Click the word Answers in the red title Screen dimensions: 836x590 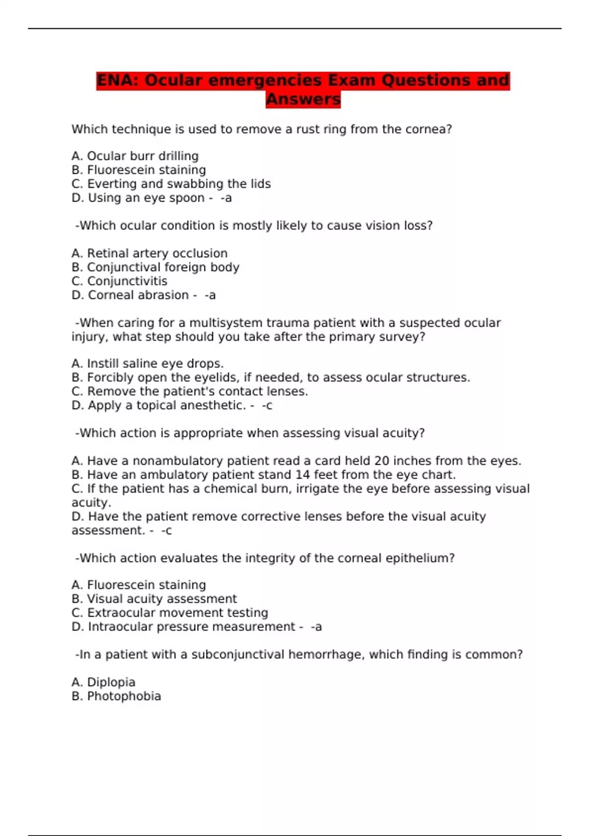click(303, 99)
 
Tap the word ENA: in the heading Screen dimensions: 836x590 click(118, 80)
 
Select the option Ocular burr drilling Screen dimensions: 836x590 click(142, 156)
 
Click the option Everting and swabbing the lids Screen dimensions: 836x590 click(178, 184)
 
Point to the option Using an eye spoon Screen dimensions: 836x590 click(146, 198)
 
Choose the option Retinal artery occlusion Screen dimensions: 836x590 click(157, 253)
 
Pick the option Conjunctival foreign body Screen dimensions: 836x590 click(163, 267)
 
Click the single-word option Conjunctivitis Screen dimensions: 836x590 click(127, 281)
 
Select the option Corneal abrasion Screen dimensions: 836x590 click(138, 295)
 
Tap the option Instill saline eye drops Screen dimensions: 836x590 click(155, 363)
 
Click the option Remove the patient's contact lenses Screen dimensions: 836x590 click(197, 391)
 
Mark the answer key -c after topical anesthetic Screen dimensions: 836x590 click(266, 405)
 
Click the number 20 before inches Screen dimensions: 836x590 click(382, 461)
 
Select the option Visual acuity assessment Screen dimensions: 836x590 click(161, 599)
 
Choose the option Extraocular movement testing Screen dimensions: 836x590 click(177, 613)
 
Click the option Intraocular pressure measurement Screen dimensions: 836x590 click(191, 627)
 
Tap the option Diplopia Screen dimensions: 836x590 click(111, 682)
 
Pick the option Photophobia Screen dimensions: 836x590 click(123, 696)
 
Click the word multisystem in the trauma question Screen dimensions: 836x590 click(226, 323)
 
